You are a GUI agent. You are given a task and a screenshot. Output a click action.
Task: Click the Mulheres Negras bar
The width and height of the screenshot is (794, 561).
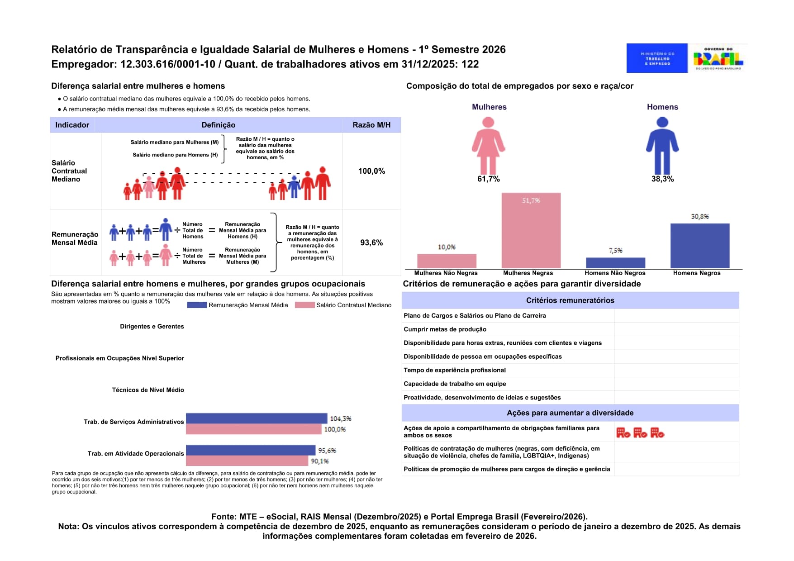point(531,231)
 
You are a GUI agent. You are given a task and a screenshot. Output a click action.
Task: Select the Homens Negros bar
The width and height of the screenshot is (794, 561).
point(699,246)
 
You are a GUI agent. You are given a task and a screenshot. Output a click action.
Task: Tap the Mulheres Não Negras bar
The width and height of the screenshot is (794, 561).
point(447,261)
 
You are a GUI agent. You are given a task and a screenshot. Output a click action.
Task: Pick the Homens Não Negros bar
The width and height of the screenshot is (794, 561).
point(615,263)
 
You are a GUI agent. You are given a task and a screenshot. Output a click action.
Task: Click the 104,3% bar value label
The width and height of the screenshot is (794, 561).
point(340,419)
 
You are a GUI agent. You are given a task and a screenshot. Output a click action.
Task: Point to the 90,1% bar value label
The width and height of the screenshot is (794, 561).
point(319,461)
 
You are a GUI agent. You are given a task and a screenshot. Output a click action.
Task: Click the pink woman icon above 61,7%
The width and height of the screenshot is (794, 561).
point(488,145)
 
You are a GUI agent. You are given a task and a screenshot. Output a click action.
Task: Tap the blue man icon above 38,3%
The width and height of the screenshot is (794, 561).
point(662,145)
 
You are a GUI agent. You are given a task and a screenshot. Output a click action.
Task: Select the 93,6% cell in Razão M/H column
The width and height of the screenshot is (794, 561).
point(371,242)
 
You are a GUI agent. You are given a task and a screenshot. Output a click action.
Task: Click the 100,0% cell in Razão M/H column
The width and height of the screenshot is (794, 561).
point(371,171)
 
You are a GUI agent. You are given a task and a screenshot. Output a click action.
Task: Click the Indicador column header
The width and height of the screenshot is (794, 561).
point(72,125)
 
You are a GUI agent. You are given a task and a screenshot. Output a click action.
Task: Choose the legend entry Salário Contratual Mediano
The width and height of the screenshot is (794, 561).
point(343,305)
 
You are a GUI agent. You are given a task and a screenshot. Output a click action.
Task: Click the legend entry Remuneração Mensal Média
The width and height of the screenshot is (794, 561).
point(238,305)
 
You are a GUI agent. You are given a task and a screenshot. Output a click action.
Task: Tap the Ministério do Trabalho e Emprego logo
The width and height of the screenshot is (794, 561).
point(657,58)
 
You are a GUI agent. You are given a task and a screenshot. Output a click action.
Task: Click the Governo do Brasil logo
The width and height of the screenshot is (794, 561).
point(718,58)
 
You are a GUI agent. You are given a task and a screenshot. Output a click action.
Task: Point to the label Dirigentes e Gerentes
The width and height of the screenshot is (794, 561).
point(152,326)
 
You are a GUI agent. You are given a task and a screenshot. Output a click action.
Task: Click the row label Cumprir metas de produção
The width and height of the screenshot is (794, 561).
point(445,329)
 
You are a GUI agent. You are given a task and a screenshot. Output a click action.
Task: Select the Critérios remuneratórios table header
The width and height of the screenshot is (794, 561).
point(570,300)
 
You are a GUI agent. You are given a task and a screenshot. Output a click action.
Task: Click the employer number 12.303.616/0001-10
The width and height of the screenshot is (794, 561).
point(168,64)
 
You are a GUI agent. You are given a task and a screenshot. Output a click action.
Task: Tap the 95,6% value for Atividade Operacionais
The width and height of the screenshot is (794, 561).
point(327,451)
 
